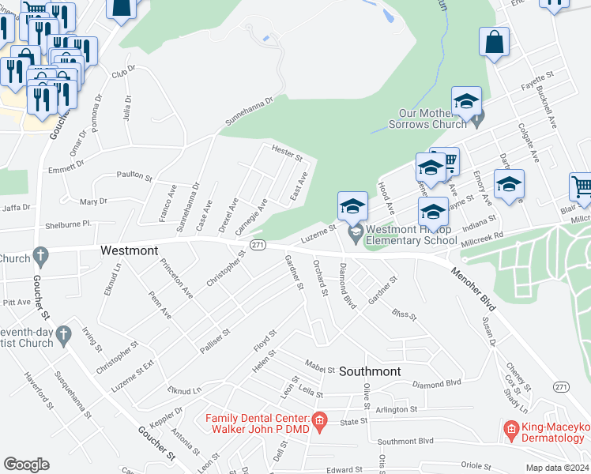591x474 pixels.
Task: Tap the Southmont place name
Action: [370, 371]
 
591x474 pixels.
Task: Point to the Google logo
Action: [26, 465]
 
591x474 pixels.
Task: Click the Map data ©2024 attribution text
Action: [556, 468]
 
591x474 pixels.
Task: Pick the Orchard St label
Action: [319, 277]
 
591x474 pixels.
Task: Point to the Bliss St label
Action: [404, 315]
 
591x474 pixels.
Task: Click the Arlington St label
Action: [395, 409]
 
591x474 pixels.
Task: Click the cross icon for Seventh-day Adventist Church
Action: [64, 337]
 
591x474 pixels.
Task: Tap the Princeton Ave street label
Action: [176, 277]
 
